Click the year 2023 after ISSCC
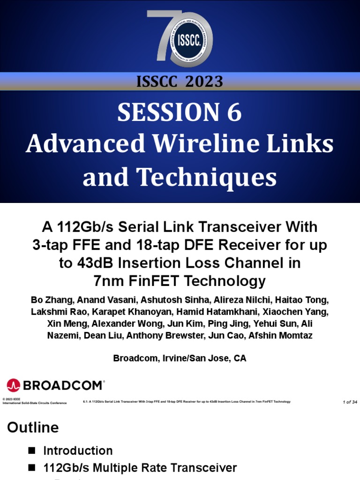point(204,82)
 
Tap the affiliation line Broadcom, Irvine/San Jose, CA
point(180,358)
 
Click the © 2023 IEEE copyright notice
point(12,399)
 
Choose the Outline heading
point(32,427)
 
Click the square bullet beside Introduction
point(32,450)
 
